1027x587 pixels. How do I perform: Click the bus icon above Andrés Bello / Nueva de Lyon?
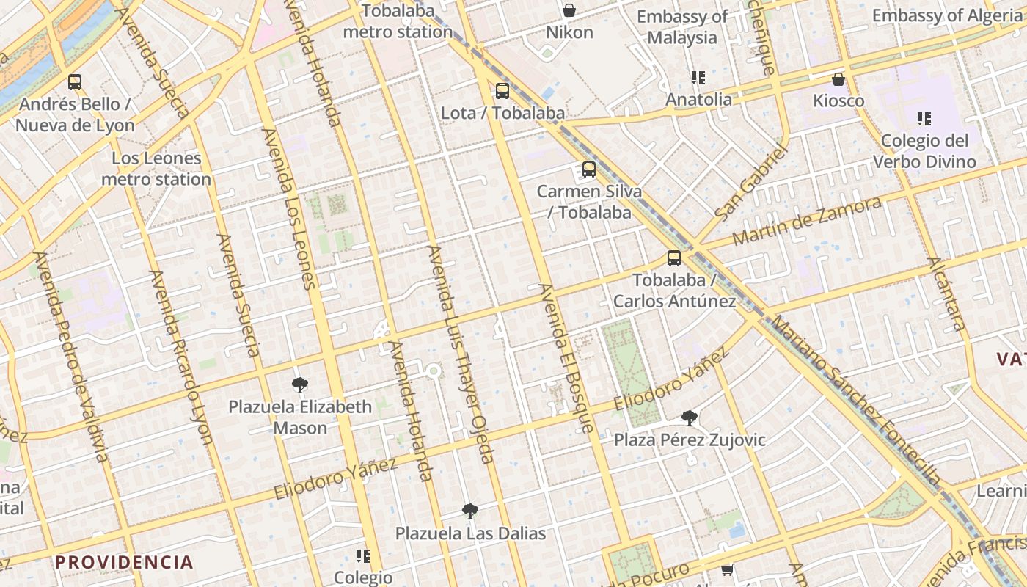coord(74,81)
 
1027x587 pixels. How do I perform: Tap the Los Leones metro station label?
coord(156,169)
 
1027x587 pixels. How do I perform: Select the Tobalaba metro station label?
coord(398,21)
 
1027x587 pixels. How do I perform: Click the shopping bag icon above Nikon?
coord(569,10)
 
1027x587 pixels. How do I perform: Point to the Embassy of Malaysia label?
coord(682,27)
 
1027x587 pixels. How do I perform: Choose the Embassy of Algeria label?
coord(946,15)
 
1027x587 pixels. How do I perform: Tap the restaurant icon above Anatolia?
coord(698,77)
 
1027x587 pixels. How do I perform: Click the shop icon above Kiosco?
coord(838,79)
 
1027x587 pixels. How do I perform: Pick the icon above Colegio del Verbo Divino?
coord(924,118)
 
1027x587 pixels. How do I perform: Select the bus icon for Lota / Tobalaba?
coord(502,91)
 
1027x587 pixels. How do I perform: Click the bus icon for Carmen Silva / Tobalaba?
coord(588,169)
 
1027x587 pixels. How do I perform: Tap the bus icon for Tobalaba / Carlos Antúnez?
coord(673,258)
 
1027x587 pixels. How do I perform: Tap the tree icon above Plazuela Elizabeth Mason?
coord(299,384)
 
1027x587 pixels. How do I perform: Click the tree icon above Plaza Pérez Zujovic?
coord(689,418)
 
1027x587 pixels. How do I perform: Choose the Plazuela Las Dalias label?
coord(471,533)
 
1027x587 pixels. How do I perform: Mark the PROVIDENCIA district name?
coord(124,563)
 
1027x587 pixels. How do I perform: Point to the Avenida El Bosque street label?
coord(566,357)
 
